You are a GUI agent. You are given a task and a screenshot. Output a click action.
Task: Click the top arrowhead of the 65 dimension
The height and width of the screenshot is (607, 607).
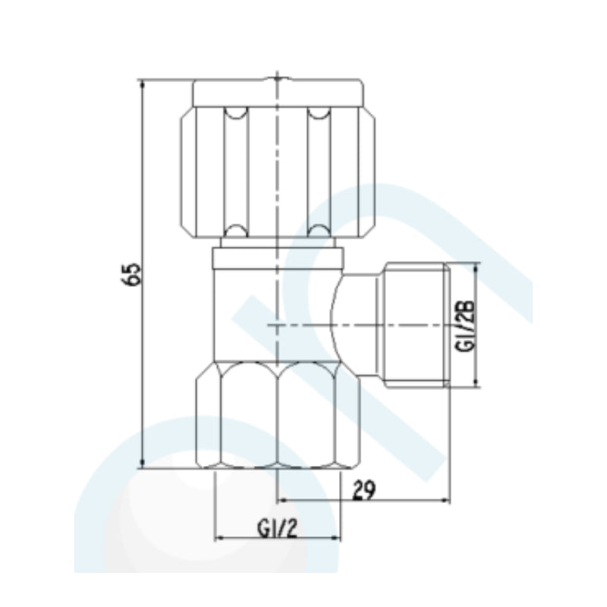pyautogui.click(x=143, y=84)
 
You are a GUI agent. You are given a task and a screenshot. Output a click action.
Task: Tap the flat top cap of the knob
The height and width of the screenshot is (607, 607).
pyautogui.click(x=278, y=92)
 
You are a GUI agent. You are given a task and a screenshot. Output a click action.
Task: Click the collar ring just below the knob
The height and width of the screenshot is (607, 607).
pyautogui.click(x=278, y=258)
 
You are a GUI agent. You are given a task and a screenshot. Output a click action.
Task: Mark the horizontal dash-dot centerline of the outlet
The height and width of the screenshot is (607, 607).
pyautogui.click(x=319, y=325)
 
